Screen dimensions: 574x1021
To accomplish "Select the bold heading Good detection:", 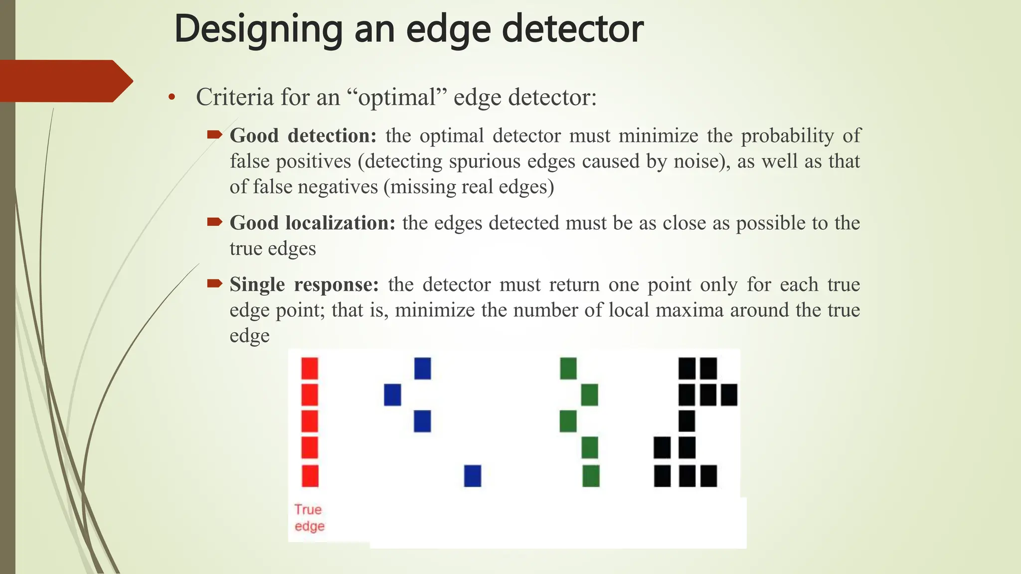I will pyautogui.click(x=303, y=136).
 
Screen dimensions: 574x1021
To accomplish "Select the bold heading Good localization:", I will pyautogui.click(x=312, y=223).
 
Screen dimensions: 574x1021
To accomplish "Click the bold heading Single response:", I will pyautogui.click(x=304, y=285).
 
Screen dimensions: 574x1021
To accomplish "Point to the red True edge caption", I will pyautogui.click(x=309, y=518).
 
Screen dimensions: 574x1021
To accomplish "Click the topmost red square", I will pyautogui.click(x=310, y=369).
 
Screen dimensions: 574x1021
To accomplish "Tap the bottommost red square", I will pyautogui.click(x=310, y=475).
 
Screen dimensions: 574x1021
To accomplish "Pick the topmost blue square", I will pyautogui.click(x=422, y=369).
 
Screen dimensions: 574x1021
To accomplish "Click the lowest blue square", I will pyautogui.click(x=473, y=475).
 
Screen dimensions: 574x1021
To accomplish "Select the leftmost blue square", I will pyautogui.click(x=392, y=395).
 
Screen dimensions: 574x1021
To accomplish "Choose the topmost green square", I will pyautogui.click(x=568, y=369).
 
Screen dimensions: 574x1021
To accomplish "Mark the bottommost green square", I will pyautogui.click(x=591, y=475).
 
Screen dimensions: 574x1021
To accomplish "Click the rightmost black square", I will pyautogui.click(x=729, y=395).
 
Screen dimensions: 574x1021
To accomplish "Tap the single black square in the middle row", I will pyautogui.click(x=686, y=421).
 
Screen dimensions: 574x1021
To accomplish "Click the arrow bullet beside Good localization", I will pyautogui.click(x=214, y=222).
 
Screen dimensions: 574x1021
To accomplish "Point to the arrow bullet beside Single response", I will pyautogui.click(x=214, y=284).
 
